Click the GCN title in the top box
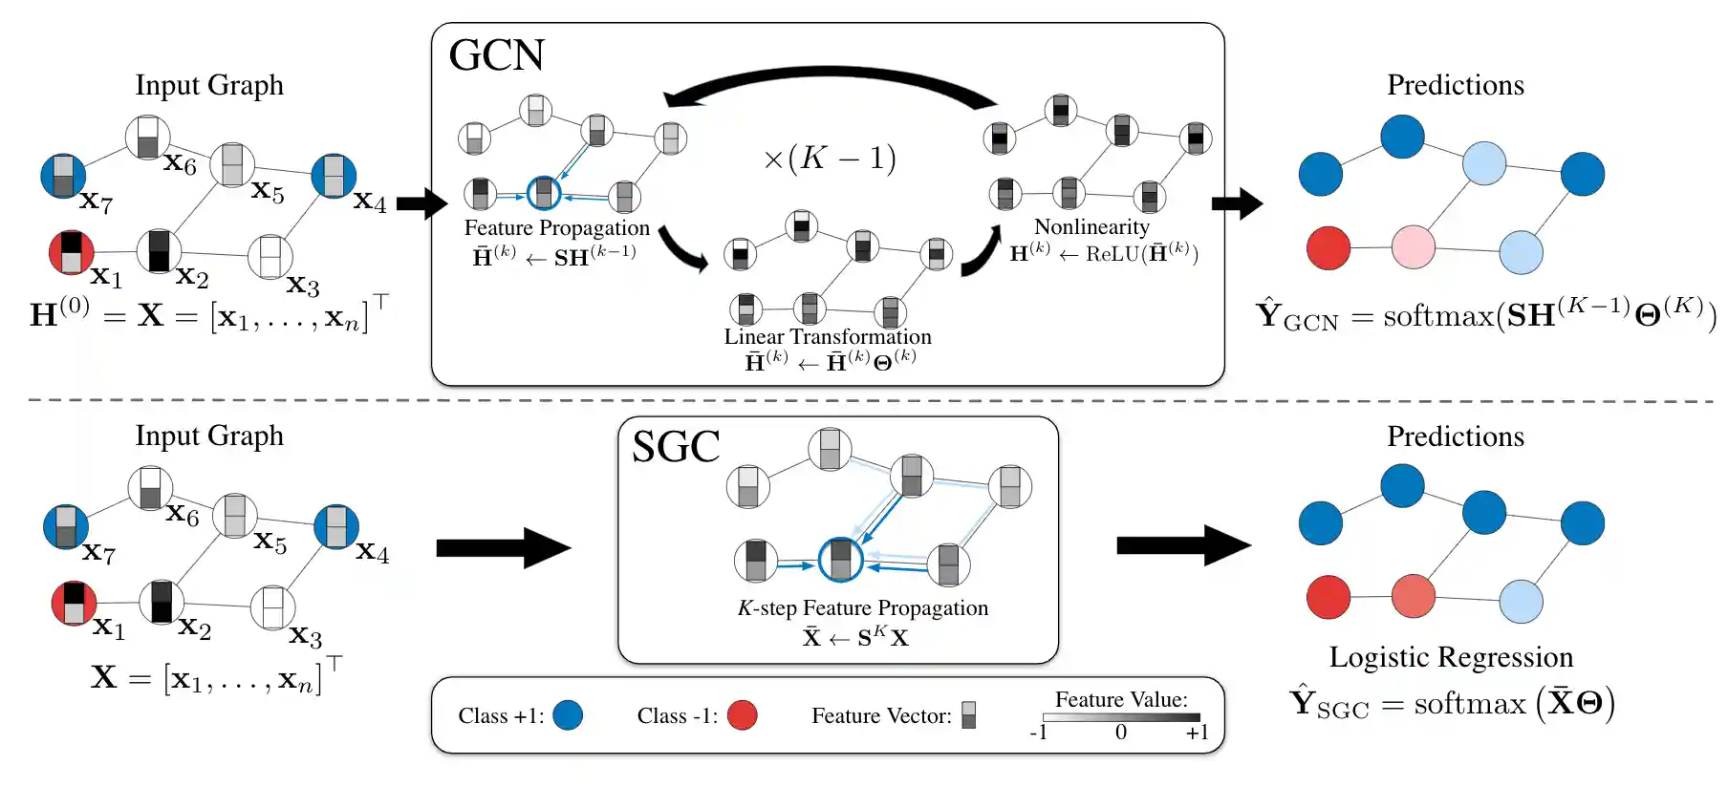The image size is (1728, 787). pos(496,55)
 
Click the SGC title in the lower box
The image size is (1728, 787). pos(676,447)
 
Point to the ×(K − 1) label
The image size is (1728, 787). pos(830,158)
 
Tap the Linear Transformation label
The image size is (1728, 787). pos(828,336)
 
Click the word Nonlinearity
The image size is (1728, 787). pos(1091,226)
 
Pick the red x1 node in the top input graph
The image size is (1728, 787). pos(72,252)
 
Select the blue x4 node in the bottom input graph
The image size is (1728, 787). pos(336,527)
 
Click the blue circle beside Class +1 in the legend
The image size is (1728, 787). pos(568,715)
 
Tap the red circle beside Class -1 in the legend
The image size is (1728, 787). pos(742,715)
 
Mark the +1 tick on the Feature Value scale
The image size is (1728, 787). pos(1197,733)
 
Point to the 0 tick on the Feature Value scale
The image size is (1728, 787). pos(1121,733)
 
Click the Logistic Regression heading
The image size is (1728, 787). pos(1451,657)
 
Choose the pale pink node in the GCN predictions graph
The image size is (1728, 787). pos(1414,246)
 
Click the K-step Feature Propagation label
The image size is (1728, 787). pos(862,608)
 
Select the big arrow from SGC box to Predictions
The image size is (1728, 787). pos(1183,545)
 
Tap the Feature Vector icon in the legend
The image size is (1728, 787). pos(969,715)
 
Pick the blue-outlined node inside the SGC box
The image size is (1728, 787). pos(841,560)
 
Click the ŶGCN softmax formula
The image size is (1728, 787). pos(1485,313)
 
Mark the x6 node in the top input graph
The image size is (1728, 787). pos(148,138)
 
